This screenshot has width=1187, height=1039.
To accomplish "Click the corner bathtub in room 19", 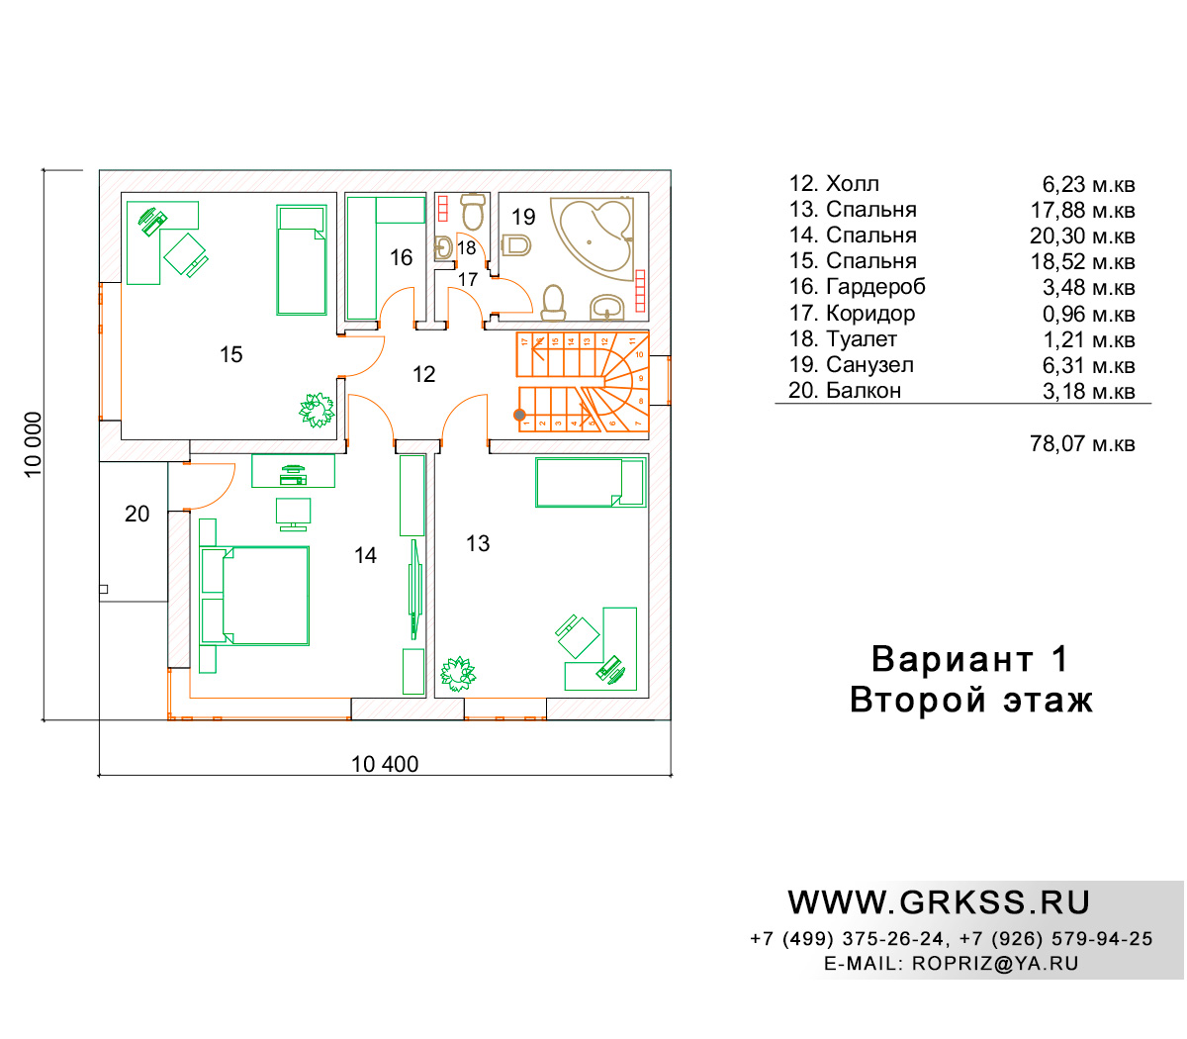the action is click(x=592, y=239).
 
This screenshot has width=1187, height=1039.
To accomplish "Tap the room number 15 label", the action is click(x=230, y=354).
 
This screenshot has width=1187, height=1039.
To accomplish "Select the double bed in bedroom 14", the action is click(x=254, y=596).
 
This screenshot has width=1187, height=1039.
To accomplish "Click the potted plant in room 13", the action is click(x=458, y=674).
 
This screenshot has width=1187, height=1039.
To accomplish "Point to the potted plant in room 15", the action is click(x=317, y=410).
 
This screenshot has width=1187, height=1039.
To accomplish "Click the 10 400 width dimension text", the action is click(x=385, y=765).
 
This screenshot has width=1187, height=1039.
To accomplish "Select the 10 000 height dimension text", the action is click(x=34, y=444).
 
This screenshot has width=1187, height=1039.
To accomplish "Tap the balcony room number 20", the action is click(x=137, y=514).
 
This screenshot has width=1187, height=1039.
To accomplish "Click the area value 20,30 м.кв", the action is click(x=1082, y=236).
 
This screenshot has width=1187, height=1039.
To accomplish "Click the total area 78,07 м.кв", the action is click(x=1082, y=444).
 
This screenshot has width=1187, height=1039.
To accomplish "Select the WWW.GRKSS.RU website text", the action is click(x=939, y=903).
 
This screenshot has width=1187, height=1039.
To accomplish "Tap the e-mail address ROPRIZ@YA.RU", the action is click(x=995, y=964).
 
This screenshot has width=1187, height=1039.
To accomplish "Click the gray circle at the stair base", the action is click(x=519, y=415).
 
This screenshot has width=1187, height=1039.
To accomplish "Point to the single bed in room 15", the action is click(x=301, y=259).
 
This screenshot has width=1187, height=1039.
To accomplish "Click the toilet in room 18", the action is click(x=474, y=212).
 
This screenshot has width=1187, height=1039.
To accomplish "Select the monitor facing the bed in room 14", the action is click(x=293, y=514).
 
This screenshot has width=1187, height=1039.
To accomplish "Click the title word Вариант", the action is click(x=952, y=659).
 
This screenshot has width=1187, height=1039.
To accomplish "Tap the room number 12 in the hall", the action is click(x=423, y=374).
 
